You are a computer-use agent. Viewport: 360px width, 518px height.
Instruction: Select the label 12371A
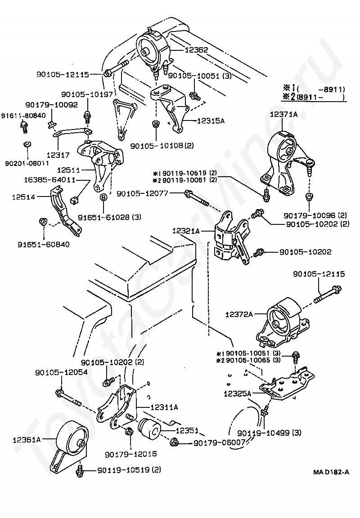tap(283, 115)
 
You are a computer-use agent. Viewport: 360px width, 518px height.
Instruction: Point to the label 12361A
tap(27, 440)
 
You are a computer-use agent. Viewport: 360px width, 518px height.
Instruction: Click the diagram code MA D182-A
tap(331, 472)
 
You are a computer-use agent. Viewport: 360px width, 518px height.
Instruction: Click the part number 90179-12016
tap(130, 454)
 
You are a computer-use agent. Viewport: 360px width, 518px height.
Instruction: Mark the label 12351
tap(186, 430)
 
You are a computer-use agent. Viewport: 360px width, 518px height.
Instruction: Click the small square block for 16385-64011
tap(76, 198)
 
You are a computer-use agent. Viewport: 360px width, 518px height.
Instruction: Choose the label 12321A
tap(185, 231)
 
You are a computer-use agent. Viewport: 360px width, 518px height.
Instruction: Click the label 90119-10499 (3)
tap(269, 433)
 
